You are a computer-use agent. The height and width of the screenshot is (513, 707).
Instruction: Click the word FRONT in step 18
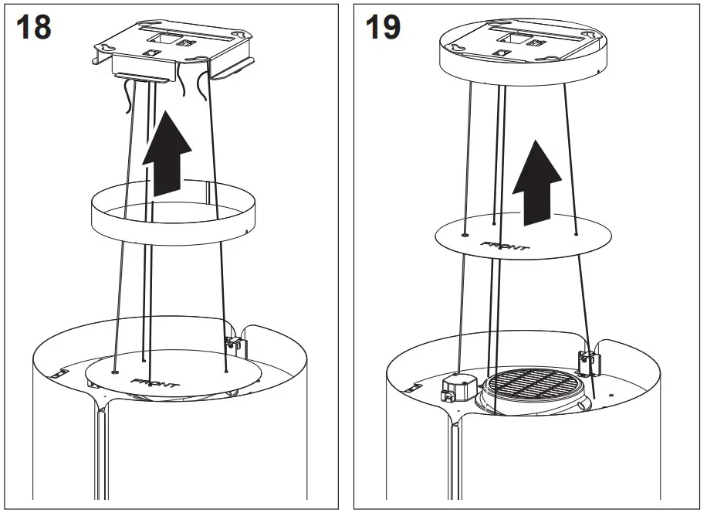click(157, 382)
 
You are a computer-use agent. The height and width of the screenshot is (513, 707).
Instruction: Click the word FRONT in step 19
click(506, 246)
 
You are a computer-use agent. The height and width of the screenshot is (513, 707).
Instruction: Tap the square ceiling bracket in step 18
click(174, 46)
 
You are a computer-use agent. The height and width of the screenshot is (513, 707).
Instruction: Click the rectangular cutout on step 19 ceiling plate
click(512, 36)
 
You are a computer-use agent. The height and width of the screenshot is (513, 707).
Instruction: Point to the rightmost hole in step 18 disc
click(225, 371)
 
